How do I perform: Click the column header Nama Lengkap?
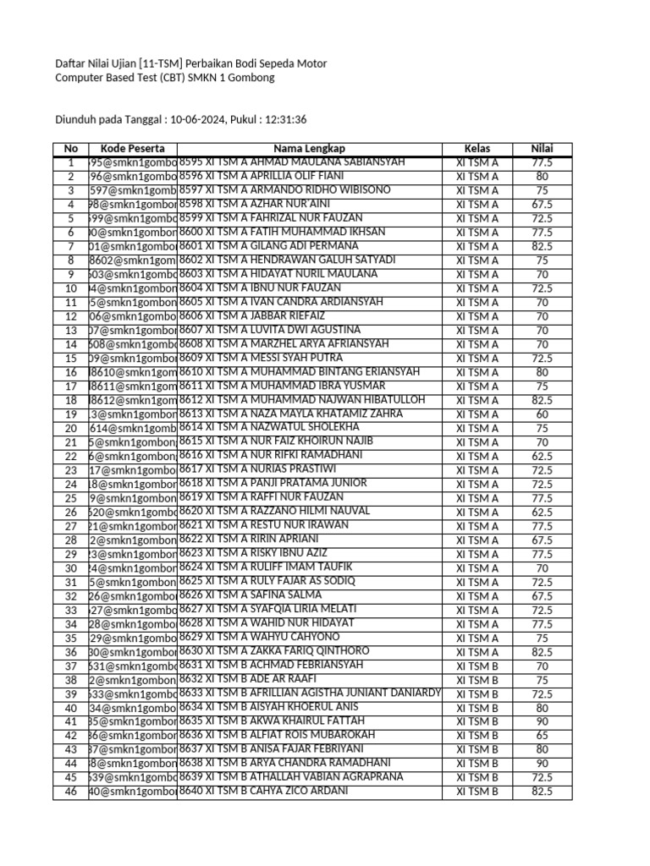point(309,149)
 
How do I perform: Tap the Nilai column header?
point(542,149)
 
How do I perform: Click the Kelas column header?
point(476,149)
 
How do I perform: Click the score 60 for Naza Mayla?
point(542,414)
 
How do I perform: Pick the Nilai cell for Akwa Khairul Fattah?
point(542,721)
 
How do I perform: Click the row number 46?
point(70,792)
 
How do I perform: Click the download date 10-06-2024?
point(198,120)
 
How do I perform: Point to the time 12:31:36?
point(286,120)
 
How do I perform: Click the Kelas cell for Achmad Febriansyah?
point(476,666)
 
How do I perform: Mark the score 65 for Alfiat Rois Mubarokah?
point(542,736)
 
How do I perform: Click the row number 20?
point(70,429)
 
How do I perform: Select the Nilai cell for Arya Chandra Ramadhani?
point(542,764)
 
